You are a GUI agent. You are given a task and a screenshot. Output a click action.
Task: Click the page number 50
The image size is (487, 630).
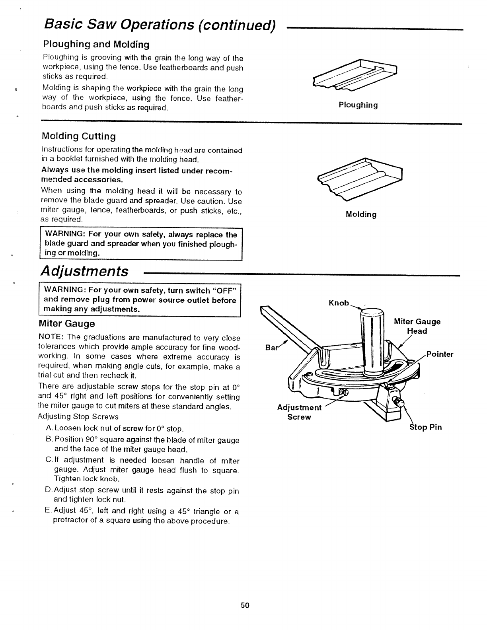pyautogui.click(x=244, y=605)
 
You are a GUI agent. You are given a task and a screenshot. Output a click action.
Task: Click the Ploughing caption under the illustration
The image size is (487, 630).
pyautogui.click(x=358, y=105)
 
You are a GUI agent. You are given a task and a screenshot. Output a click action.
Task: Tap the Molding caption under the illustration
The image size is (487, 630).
pyautogui.click(x=361, y=215)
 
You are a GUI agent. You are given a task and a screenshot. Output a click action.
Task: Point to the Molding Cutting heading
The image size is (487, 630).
pyautogui.click(x=79, y=136)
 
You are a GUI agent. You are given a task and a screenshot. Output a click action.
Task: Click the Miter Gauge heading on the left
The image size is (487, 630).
pyautogui.click(x=67, y=323)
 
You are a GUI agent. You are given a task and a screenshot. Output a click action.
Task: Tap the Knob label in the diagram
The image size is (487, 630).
pyautogui.click(x=339, y=303)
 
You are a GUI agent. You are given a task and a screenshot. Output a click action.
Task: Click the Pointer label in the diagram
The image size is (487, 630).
pyautogui.click(x=440, y=354)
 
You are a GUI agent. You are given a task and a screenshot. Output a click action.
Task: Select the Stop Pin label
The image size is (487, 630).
pyautogui.click(x=426, y=428)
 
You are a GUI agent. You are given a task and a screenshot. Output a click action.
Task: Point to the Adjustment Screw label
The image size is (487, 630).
pyautogui.click(x=299, y=412)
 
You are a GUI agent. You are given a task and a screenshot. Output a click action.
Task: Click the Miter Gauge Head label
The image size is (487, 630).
pyautogui.click(x=417, y=326)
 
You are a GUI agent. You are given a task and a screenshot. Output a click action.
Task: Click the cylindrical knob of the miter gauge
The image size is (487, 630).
pyautogui.click(x=372, y=342)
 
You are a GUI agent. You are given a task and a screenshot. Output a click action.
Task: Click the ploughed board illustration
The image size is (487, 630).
pyautogui.click(x=356, y=76)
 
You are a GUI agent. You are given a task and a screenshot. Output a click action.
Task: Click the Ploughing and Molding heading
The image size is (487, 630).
pyautogui.click(x=96, y=44)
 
